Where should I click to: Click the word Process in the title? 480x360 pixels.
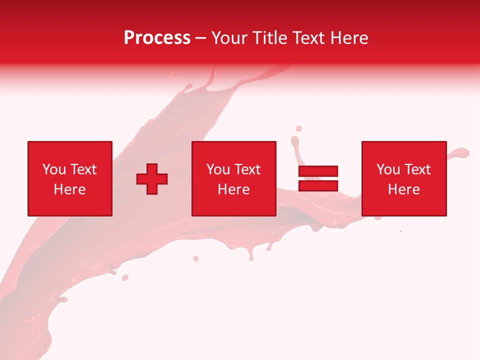(x=157, y=38)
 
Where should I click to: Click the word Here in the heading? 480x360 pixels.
(x=350, y=38)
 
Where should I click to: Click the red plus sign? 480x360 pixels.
(x=152, y=178)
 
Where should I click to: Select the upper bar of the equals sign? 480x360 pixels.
(x=318, y=171)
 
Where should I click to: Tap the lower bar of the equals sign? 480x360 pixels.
(x=318, y=185)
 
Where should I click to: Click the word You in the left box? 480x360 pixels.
(x=54, y=169)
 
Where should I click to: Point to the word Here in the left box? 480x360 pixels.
(x=69, y=189)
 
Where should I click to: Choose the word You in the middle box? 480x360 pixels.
(x=218, y=169)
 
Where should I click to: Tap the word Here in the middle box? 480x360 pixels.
(x=233, y=189)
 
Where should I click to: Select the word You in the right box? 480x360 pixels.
(x=388, y=169)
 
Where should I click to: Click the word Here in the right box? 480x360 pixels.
(x=403, y=189)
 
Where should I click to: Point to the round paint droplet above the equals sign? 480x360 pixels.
(x=298, y=129)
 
